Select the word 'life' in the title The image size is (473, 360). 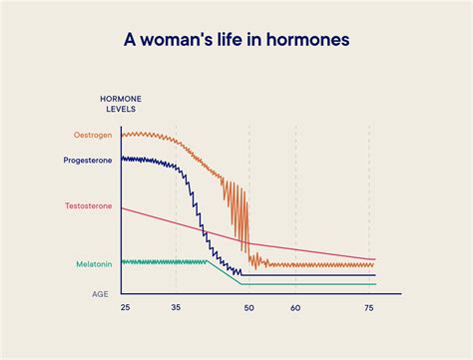238,41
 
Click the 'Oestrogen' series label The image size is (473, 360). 94,135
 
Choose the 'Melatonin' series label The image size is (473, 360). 95,264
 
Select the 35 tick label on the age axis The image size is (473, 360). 176,309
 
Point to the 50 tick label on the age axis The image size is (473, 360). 248,309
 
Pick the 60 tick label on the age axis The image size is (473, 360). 295,309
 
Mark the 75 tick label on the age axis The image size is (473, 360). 369,309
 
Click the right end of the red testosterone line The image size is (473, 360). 374,258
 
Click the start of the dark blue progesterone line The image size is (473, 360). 123,158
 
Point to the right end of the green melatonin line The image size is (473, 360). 374,284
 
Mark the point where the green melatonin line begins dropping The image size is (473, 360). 209,261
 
